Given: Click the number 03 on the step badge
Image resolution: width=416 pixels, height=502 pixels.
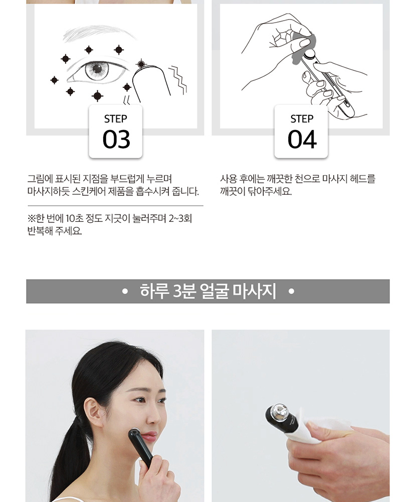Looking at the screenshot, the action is coord(116,139).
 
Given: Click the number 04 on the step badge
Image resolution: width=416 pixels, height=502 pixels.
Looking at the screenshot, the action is coord(302,140).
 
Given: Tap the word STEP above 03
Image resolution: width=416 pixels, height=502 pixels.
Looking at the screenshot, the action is coord(115,119).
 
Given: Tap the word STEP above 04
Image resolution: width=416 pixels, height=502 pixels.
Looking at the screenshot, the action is coord(302,119).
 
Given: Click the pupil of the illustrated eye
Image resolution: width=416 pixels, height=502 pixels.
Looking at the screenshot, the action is coord(97,68).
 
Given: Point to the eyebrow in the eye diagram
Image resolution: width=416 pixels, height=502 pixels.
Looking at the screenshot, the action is coord(99,33).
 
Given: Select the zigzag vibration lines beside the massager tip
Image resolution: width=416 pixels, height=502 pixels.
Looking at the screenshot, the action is coord(178,80).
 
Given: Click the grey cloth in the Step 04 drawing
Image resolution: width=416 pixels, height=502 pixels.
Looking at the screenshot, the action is coord(304,48).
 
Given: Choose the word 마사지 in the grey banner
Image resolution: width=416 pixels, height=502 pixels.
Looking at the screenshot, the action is coord(254,291).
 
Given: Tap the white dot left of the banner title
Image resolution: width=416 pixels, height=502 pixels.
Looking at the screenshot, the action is coord(125,292).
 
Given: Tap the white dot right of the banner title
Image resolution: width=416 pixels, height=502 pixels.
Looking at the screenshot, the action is coord(291,292).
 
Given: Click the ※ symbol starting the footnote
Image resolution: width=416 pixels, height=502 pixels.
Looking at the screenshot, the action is coord(31,219).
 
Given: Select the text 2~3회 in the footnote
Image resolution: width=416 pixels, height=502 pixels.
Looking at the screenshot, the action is coord(180,219).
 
